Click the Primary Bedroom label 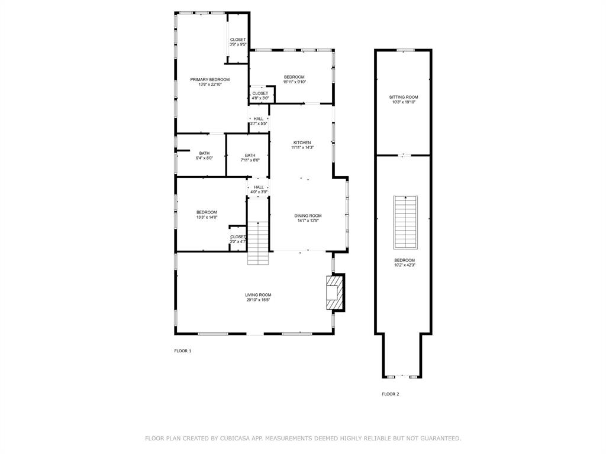(209, 79)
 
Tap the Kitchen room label (302, 142)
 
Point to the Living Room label (258, 295)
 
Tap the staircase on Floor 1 (258, 243)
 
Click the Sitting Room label (404, 97)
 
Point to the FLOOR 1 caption (182, 351)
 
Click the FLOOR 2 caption (390, 394)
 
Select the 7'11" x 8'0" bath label (250, 155)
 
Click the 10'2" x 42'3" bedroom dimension (405, 265)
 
